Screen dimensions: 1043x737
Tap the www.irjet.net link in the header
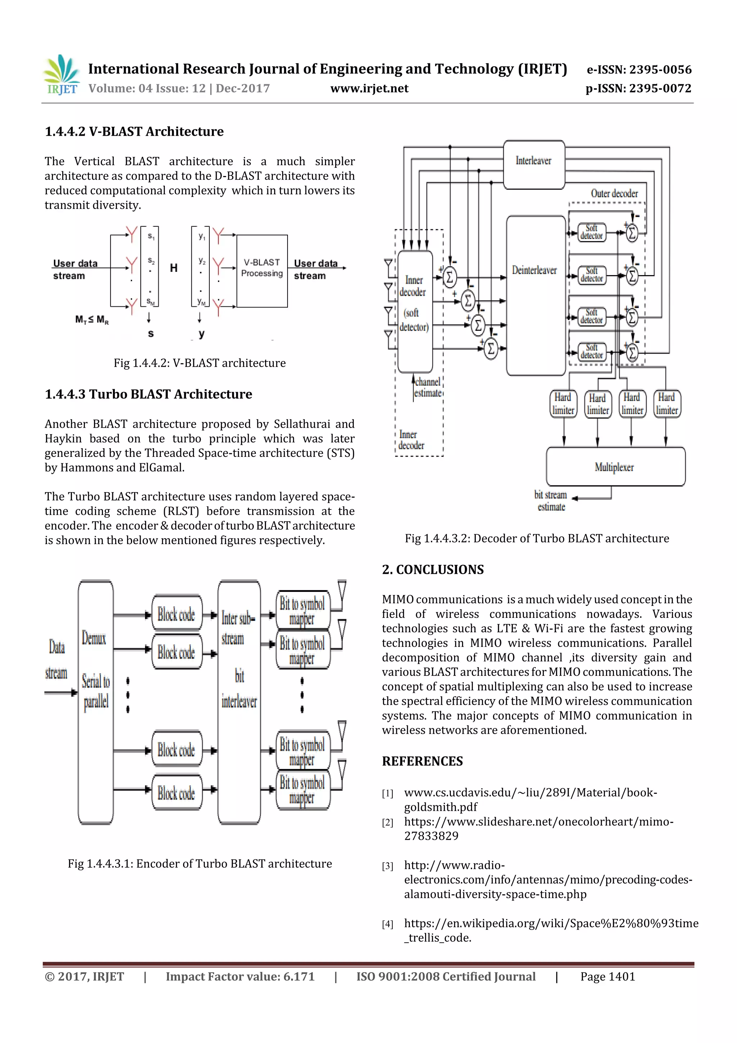click(x=369, y=88)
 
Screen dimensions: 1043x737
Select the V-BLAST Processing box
click(x=262, y=270)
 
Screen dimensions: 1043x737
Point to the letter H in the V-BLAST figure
click(x=173, y=268)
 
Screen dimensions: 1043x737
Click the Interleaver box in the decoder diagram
click(x=534, y=165)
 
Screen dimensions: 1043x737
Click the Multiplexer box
click(x=615, y=467)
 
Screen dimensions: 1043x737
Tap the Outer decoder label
click(x=614, y=194)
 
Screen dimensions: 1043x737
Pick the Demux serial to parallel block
click(x=95, y=702)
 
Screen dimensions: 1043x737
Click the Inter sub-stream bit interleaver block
click(x=239, y=702)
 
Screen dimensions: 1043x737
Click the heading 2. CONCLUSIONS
click(x=433, y=570)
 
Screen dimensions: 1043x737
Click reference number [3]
click(x=387, y=866)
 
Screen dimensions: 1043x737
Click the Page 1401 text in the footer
click(x=607, y=977)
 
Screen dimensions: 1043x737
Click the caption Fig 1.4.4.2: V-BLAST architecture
click(x=199, y=363)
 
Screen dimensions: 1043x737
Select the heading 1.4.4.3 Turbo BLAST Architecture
click(x=148, y=394)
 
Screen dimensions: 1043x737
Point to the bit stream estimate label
click(x=551, y=500)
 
